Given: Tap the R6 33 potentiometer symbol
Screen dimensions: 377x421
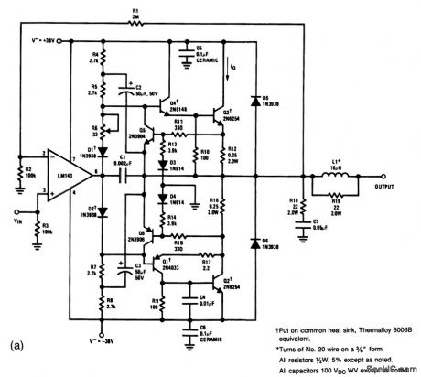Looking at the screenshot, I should [102, 128].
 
